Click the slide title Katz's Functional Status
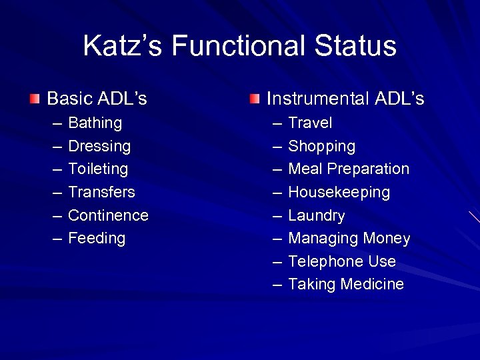(239, 47)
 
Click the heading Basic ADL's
(97, 99)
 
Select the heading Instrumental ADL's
(345, 99)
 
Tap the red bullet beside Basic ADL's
(35, 99)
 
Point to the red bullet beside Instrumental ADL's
(255, 99)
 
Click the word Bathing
(95, 123)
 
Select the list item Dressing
(99, 146)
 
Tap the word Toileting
(98, 169)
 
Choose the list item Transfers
(101, 193)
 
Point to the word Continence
(108, 216)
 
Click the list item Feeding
(97, 239)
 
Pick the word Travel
(310, 123)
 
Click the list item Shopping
(321, 146)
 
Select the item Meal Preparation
(348, 169)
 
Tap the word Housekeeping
(339, 193)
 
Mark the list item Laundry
(316, 216)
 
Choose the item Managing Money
(349, 239)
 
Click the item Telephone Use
(341, 261)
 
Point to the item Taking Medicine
(345, 285)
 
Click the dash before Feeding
(56, 239)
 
